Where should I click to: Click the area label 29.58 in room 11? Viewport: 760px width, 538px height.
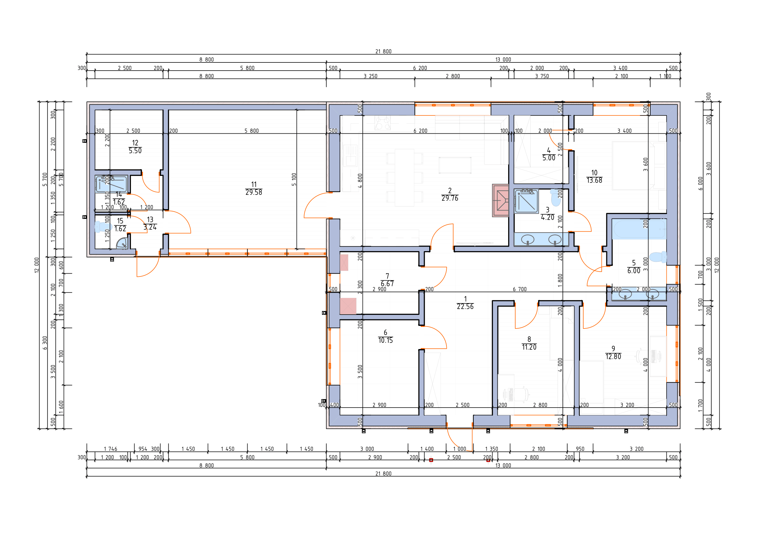[253, 193]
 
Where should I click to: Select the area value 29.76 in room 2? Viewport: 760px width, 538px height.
[450, 198]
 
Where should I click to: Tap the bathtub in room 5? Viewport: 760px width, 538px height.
[639, 229]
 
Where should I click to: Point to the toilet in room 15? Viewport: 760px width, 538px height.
[103, 227]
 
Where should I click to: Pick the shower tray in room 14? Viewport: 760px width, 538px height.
[111, 184]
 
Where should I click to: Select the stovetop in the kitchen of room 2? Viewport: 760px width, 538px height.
[383, 123]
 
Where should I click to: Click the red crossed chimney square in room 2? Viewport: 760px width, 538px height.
[500, 200]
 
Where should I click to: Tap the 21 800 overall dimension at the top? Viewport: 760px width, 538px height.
[383, 51]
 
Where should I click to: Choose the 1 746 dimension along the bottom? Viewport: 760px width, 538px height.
[110, 449]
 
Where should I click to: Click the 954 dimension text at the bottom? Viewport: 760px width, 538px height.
[143, 449]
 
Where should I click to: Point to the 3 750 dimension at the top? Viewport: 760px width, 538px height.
[542, 76]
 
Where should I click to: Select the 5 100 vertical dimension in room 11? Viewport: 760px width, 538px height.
[294, 179]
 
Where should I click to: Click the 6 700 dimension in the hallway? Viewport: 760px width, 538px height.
[520, 289]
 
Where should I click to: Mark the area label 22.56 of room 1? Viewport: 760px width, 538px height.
[465, 307]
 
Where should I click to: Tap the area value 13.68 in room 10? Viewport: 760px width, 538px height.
[594, 181]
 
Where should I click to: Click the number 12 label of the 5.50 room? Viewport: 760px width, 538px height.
[135, 143]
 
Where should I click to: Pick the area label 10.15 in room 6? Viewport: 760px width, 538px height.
[385, 340]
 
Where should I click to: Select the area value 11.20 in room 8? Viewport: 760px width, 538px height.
[529, 347]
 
